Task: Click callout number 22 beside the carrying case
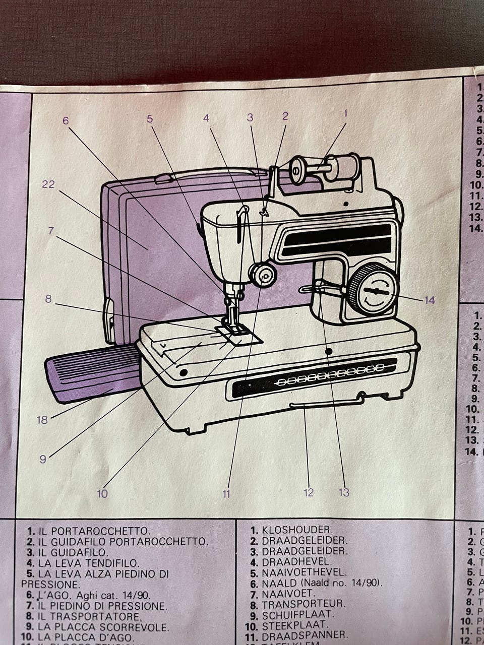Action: pos(48,184)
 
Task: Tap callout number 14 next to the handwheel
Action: pos(429,300)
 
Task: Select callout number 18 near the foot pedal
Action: pos(42,419)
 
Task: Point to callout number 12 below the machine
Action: pos(309,492)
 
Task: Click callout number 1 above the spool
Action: pos(346,113)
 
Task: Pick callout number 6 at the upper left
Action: pos(66,120)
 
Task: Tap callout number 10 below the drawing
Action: pos(102,493)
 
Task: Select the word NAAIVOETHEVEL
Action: pos(304,572)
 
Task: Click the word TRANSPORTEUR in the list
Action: pos(304,604)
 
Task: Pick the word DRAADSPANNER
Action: pos(305,635)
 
